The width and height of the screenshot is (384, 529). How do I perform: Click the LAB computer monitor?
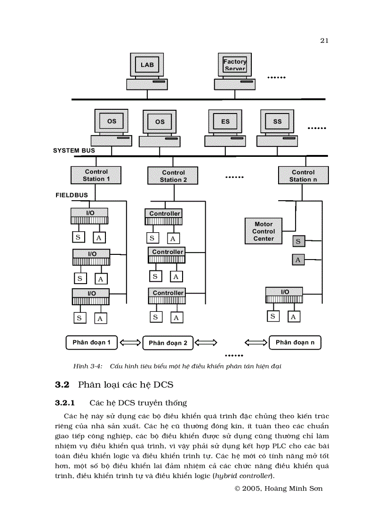pyautogui.click(x=147, y=65)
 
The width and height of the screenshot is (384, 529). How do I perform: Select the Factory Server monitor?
pyautogui.click(x=235, y=65)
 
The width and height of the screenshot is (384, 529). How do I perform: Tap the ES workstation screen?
pyautogui.click(x=225, y=122)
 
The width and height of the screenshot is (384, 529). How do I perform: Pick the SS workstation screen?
pyautogui.click(x=277, y=122)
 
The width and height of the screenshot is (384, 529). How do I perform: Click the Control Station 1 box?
pyautogui.click(x=96, y=175)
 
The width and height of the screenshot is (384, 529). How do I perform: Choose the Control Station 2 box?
pyautogui.click(x=173, y=176)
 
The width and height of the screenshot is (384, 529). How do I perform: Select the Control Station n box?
pyautogui.click(x=303, y=175)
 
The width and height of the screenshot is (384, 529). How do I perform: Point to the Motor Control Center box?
pyautogui.click(x=264, y=231)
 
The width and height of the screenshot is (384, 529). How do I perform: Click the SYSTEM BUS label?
pyautogui.click(x=74, y=151)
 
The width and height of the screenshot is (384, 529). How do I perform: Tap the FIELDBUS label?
pyautogui.click(x=72, y=195)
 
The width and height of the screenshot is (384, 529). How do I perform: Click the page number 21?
pyautogui.click(x=324, y=41)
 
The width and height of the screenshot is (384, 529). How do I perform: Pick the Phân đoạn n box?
pyautogui.click(x=295, y=342)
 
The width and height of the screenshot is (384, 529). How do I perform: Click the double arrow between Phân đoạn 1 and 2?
pyautogui.click(x=130, y=343)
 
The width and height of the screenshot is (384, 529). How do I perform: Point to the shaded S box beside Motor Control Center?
pyautogui.click(x=297, y=242)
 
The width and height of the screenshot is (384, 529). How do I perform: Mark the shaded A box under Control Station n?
pyautogui.click(x=297, y=260)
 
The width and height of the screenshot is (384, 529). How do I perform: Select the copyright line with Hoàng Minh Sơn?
pyautogui.click(x=278, y=488)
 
